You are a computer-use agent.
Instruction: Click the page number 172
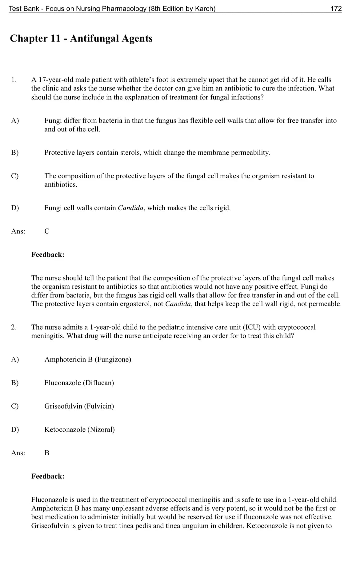336,9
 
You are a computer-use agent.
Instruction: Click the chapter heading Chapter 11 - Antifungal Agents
81,38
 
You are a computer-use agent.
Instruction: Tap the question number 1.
14,80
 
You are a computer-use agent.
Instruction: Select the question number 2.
14,327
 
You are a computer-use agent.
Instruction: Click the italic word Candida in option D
131,208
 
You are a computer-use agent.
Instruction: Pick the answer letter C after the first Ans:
47,232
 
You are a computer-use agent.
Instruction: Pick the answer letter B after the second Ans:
47,453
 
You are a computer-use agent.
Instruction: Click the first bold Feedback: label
48,255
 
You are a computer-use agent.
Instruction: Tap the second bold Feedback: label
48,476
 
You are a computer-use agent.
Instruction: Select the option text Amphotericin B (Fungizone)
88,359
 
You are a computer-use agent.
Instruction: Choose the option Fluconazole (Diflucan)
79,383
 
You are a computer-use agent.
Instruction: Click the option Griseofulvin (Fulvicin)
79,406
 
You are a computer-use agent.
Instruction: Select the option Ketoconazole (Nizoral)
79,430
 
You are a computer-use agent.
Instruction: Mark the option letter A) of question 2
15,359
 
